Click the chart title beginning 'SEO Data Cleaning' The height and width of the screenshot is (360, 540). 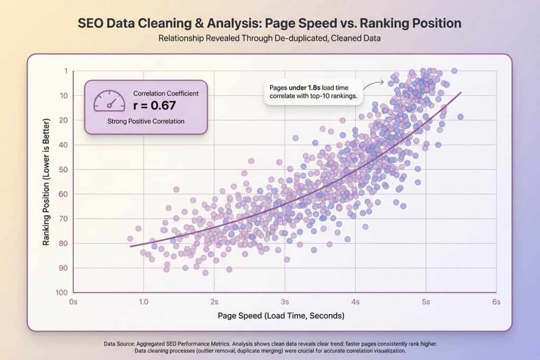269,24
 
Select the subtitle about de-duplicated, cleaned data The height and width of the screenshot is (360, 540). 269,38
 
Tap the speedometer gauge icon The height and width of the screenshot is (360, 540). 109,100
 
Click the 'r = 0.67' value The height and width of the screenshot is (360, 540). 155,105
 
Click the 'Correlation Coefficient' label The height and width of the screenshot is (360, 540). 166,93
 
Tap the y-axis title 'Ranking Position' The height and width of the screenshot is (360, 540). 47,182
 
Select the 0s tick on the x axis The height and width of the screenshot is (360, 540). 73,302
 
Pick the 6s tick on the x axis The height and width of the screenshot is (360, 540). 495,302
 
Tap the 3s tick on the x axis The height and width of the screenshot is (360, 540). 285,302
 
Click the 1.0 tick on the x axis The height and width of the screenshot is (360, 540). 143,302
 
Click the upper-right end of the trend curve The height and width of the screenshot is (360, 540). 461,93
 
